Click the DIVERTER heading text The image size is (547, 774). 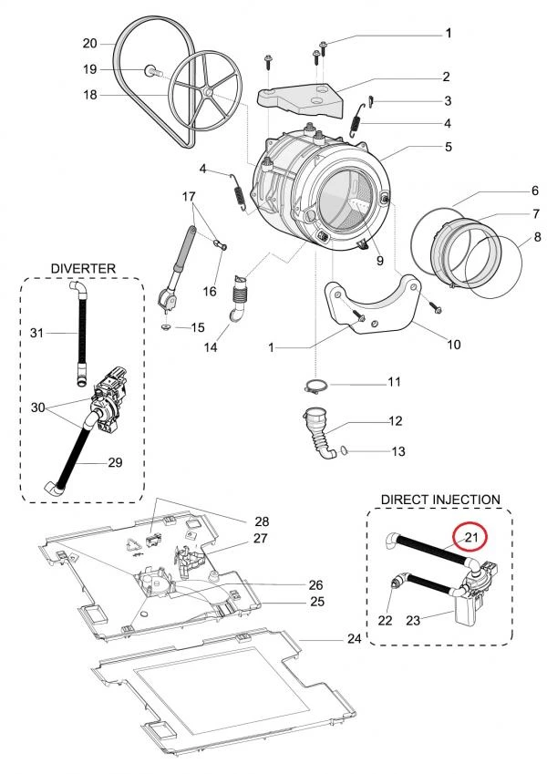(83, 268)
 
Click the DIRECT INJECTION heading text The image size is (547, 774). (440, 500)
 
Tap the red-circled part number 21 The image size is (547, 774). (470, 539)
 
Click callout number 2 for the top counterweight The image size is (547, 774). (448, 77)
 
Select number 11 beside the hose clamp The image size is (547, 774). (394, 382)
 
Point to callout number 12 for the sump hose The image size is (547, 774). (396, 421)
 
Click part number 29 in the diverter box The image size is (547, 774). (115, 463)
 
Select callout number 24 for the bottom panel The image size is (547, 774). (355, 639)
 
